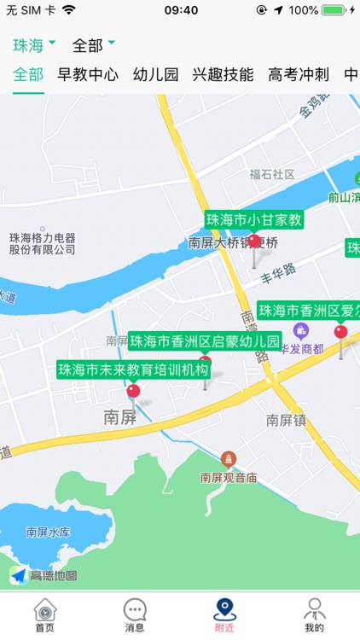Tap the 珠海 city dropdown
(34, 44)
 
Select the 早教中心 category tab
(88, 74)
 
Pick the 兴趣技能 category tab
(223, 74)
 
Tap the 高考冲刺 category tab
(298, 74)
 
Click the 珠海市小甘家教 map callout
(254, 219)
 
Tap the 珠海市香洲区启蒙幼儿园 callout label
(205, 341)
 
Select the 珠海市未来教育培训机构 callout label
(133, 370)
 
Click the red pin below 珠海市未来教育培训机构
(133, 392)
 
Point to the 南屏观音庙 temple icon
(228, 459)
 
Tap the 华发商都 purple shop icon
(300, 330)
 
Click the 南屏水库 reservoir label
(48, 532)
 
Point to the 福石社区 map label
(271, 174)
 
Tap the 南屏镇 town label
(285, 420)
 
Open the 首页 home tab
(44, 614)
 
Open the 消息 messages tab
(135, 614)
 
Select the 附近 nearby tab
(224, 614)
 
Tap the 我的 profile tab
(314, 614)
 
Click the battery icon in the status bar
(334, 10)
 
